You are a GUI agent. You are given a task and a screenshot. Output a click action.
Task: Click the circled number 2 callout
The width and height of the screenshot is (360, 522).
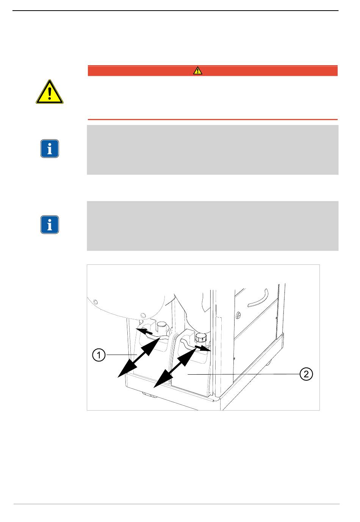[x=306, y=374]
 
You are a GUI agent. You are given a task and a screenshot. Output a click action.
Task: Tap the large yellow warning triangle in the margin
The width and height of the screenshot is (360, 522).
[x=49, y=92]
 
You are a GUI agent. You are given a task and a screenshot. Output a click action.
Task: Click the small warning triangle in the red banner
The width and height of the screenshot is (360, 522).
[x=197, y=70]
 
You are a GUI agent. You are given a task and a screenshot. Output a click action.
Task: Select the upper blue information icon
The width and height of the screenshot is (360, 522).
[x=49, y=148]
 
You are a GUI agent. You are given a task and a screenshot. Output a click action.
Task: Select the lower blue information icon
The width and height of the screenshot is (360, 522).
[x=49, y=225]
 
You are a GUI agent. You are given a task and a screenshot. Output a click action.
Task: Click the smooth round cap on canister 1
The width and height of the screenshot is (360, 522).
[x=162, y=326]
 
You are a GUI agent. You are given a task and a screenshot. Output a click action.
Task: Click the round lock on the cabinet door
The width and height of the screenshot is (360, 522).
[x=238, y=315]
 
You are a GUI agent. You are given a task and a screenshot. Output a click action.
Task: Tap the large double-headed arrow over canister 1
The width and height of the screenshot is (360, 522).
[x=138, y=357]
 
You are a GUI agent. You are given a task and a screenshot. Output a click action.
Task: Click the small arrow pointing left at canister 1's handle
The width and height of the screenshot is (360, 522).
[x=144, y=331]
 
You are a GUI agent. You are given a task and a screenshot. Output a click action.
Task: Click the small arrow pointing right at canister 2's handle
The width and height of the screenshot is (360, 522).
[x=203, y=349]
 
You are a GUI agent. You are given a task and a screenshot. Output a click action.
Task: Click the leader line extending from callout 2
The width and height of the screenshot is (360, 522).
[x=243, y=374]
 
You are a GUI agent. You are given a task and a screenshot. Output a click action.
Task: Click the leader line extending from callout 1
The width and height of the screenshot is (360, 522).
[x=122, y=355]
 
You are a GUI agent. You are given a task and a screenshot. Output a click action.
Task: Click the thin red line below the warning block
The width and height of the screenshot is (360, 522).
[x=213, y=120]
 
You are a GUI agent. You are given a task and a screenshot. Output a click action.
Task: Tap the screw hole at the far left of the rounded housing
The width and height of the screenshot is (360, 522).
[x=95, y=302]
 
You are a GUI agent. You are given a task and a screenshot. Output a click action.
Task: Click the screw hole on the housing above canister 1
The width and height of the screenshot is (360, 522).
[x=143, y=315]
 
